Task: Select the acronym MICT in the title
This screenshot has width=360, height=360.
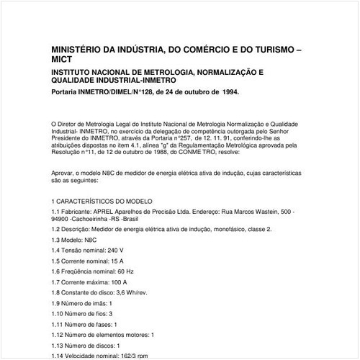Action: tap(63, 62)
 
